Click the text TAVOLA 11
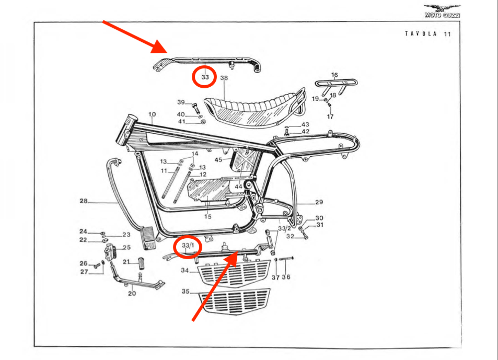pyautogui.click(x=427, y=34)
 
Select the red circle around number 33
pyautogui.click(x=205, y=77)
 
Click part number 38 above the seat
pyautogui.click(x=224, y=79)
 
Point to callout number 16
pyautogui.click(x=334, y=75)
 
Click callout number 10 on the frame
pyautogui.click(x=152, y=114)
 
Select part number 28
pyautogui.click(x=83, y=201)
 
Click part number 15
pyautogui.click(x=208, y=216)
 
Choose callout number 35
pyautogui.click(x=185, y=292)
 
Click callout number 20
pyautogui.click(x=132, y=293)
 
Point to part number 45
pyautogui.click(x=218, y=159)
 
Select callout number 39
pyautogui.click(x=181, y=102)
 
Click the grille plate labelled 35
pyautogui.click(x=235, y=302)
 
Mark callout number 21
pyautogui.click(x=126, y=262)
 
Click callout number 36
pyautogui.click(x=286, y=277)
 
